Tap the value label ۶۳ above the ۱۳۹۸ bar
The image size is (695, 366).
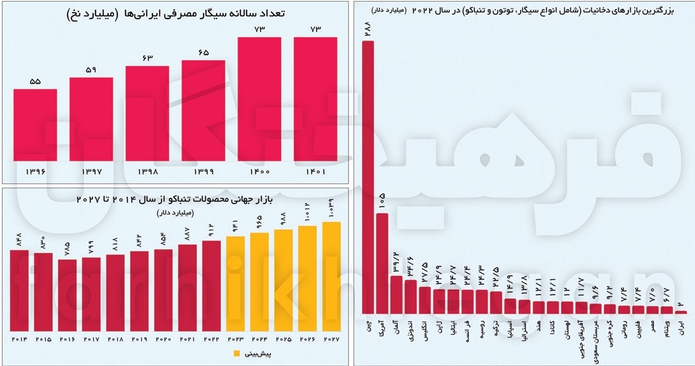(147, 58)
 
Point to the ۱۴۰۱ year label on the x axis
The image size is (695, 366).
(315, 172)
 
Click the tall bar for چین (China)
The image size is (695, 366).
(368, 177)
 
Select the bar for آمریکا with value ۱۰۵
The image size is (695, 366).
(382, 263)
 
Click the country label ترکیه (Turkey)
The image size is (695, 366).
(496, 328)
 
